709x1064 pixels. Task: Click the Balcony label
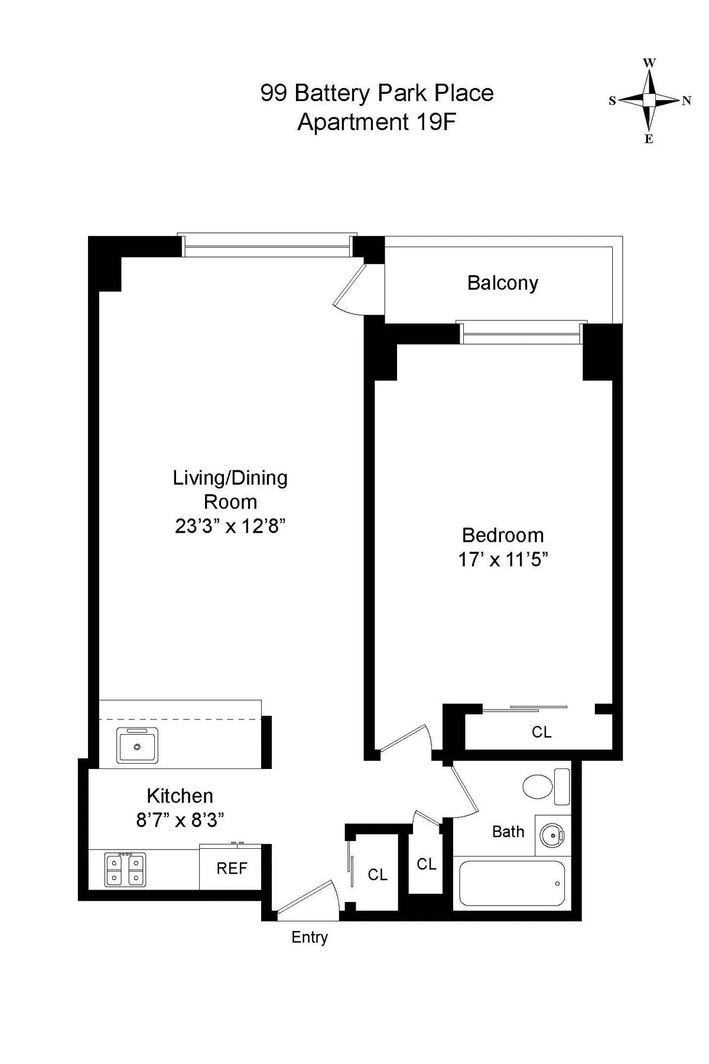pos(502,283)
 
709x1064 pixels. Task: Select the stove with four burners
pos(125,870)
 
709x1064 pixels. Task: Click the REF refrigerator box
pos(232,868)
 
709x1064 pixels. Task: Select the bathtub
pos(512,883)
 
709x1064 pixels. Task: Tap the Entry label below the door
pos(309,937)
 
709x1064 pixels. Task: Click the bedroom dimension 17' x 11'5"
pos(503,559)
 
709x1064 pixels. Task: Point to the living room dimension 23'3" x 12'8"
pos(230,525)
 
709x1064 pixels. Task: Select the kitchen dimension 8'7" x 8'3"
pos(180,820)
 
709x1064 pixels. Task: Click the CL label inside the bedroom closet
pos(541,732)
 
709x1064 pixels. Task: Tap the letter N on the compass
pos(686,100)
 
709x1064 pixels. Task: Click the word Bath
pos(508,832)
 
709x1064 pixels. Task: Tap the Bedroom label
pos(503,535)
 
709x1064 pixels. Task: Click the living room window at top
pos(268,245)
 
